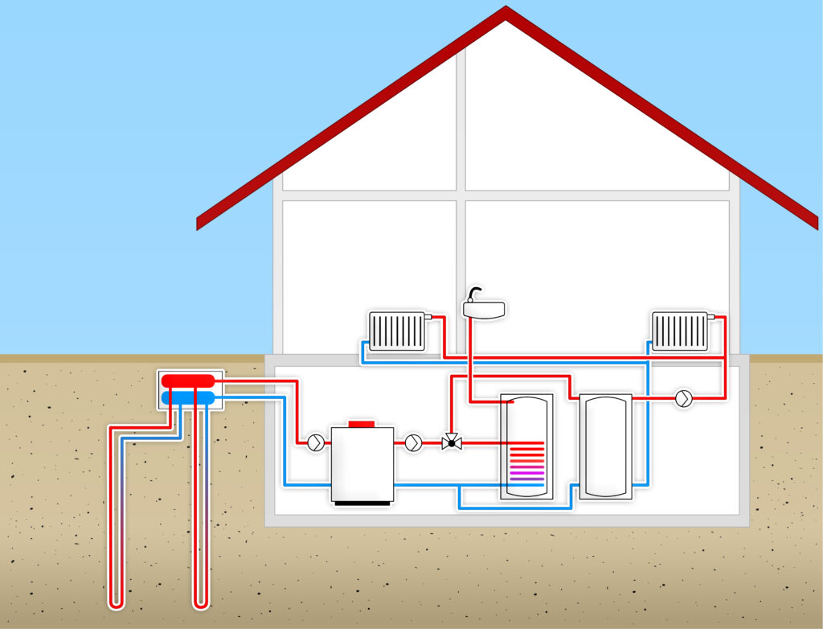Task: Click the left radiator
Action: point(397,331)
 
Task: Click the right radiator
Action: point(680,331)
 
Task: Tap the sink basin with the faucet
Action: point(484,308)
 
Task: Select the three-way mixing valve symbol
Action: point(451,442)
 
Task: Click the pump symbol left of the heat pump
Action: point(316,442)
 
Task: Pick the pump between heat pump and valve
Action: point(413,442)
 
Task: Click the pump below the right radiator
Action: point(683,398)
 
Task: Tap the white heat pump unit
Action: point(362,462)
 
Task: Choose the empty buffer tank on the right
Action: point(606,446)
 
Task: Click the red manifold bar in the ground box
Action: point(187,380)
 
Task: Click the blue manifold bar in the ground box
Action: point(187,397)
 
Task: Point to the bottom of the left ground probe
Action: point(117,601)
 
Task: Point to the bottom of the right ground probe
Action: point(201,601)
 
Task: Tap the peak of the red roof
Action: point(506,11)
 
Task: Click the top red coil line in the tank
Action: point(526,443)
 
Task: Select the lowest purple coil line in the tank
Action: point(526,479)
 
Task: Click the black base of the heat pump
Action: point(362,503)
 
